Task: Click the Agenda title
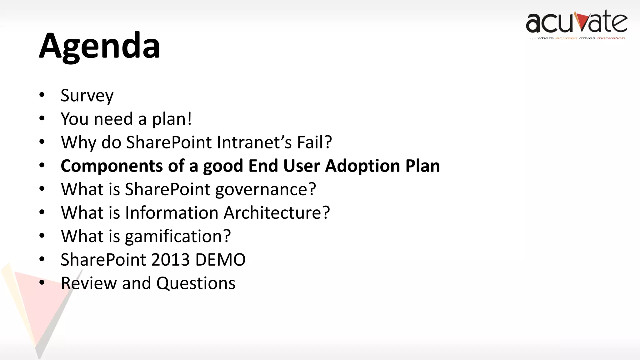pos(99,46)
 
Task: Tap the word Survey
pos(87,96)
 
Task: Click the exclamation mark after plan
pos(189,119)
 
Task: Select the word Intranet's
pos(254,142)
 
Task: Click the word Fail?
pos(314,142)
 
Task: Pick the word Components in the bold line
pos(112,166)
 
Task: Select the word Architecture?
pos(277,213)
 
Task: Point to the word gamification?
pos(177,237)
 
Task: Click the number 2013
pos(170,260)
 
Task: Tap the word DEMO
pos(220,260)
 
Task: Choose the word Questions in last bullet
pos(196,283)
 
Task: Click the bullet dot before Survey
pos(42,95)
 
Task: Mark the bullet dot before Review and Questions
pos(42,283)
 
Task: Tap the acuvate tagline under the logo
pos(577,38)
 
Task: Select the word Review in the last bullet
pos(88,283)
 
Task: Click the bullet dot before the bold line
pos(42,165)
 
